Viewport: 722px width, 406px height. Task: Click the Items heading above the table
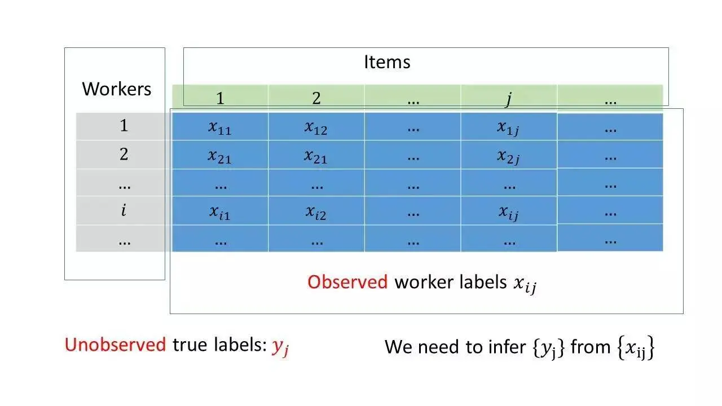pos(387,61)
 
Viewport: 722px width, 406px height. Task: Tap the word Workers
pos(117,89)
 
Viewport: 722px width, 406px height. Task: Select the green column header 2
pos(316,99)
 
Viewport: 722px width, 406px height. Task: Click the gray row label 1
pos(124,126)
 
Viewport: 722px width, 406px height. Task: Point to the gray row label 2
pos(124,154)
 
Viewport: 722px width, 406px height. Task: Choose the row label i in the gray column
pos(124,211)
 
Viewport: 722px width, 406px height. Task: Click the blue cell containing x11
pos(220,127)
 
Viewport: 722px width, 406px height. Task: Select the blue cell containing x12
pos(316,127)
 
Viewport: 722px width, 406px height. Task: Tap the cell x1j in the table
pos(508,127)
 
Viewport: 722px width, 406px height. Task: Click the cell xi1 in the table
pos(220,213)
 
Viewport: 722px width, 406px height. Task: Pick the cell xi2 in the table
pos(316,213)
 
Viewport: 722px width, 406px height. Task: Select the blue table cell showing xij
pos(508,213)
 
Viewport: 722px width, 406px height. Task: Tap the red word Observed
pos(347,282)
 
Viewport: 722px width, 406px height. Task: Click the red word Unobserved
pos(115,345)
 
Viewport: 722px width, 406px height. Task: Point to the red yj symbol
pos(280,346)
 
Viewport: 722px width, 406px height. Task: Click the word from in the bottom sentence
pos(591,346)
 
